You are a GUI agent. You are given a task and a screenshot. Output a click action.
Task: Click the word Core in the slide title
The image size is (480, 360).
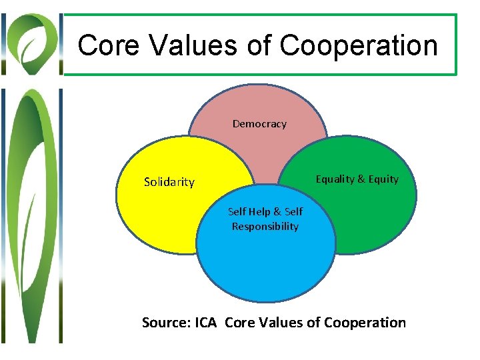tap(108, 45)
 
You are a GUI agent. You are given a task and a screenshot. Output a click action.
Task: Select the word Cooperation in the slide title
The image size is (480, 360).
tap(359, 45)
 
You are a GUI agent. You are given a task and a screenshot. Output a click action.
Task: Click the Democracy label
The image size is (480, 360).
tap(259, 124)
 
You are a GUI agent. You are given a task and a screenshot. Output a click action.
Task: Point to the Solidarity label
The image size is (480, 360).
tap(169, 182)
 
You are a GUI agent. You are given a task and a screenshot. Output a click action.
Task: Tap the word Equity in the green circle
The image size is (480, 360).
tap(384, 179)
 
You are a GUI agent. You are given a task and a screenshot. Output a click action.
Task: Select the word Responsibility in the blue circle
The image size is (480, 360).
tap(265, 226)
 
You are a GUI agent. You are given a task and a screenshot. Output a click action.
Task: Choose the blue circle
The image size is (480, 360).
tap(267, 267)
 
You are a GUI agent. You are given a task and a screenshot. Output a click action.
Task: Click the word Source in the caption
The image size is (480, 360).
tap(165, 323)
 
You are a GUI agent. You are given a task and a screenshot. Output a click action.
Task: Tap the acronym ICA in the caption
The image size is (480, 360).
tap(205, 323)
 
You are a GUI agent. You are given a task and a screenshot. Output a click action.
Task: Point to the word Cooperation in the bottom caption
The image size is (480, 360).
tap(365, 323)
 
